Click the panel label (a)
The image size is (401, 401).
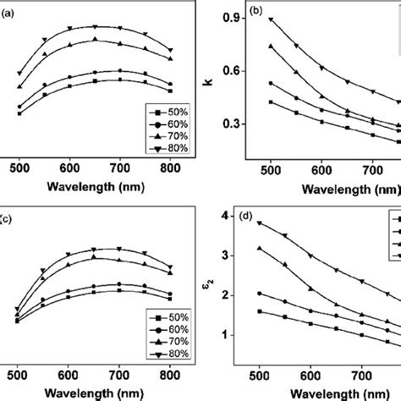[x=7, y=11]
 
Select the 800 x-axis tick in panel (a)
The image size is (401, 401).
[x=170, y=168]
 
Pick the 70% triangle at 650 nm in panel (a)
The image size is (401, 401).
[x=95, y=39]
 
